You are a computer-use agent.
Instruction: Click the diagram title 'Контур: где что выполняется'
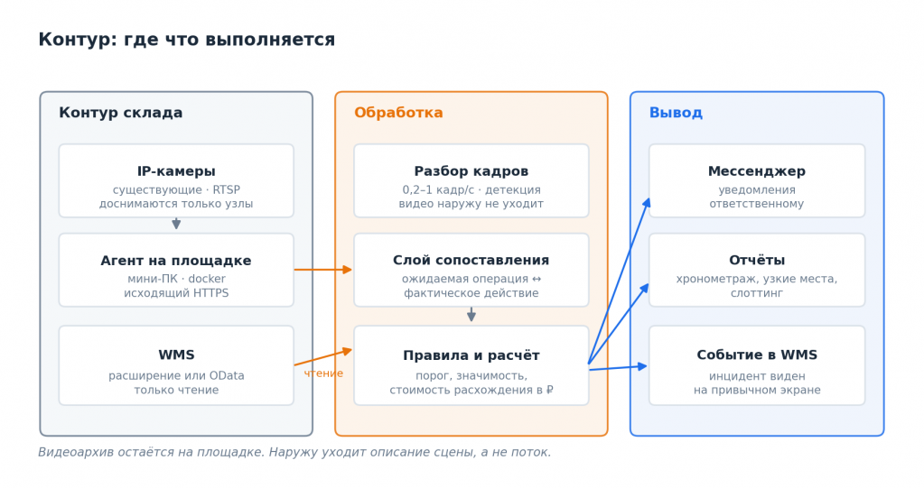186,40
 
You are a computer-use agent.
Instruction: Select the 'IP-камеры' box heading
176,171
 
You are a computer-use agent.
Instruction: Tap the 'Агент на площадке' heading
176,261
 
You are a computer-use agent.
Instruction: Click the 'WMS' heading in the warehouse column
176,355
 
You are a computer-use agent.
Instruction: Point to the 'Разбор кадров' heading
471,171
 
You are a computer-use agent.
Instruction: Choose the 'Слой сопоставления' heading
471,260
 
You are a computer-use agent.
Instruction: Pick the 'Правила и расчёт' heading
471,355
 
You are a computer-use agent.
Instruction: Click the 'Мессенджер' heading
757,171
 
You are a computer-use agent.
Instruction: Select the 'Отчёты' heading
757,260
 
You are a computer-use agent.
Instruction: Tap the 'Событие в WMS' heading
757,355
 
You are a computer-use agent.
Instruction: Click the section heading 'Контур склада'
121,113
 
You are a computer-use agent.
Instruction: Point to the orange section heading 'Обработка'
398,113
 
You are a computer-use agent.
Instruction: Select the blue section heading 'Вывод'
676,113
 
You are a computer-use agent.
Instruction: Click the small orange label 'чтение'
323,373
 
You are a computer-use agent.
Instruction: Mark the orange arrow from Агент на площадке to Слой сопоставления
323,270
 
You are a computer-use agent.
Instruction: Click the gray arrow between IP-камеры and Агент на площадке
176,224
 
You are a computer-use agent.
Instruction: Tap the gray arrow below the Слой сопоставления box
471,314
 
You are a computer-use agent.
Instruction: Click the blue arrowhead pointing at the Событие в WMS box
642,367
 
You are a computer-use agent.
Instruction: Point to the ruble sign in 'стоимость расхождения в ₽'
550,390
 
